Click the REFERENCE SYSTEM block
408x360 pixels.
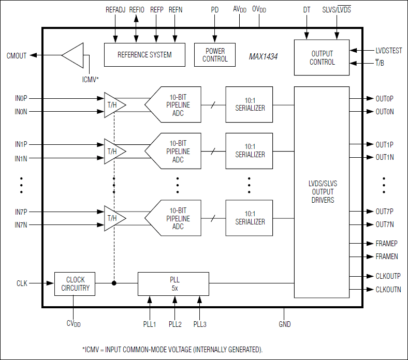144,54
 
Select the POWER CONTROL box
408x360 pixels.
215,55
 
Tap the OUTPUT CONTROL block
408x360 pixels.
322,58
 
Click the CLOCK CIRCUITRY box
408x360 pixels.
75,283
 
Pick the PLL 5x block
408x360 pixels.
173,283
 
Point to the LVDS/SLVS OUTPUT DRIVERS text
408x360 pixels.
322,192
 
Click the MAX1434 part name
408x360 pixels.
263,56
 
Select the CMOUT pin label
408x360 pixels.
17,56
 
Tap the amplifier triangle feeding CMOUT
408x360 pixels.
73,55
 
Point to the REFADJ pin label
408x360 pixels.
115,10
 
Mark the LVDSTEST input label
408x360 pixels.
388,51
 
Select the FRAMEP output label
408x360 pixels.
386,243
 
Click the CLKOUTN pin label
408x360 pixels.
388,290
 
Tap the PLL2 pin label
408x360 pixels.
175,324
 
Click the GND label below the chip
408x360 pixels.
284,324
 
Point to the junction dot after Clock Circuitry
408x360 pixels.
114,283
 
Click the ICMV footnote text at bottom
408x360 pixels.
172,350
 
